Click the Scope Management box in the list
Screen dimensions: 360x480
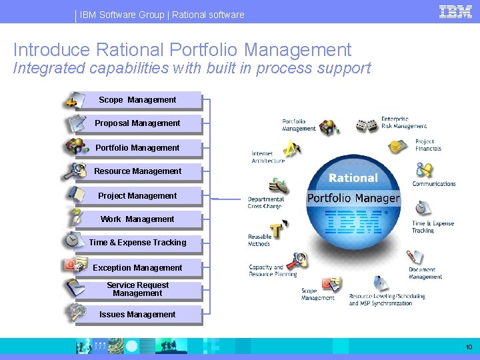137,100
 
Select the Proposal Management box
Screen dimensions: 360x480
137,123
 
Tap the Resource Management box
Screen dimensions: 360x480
137,171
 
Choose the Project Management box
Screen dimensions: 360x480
137,196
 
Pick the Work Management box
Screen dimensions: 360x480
137,219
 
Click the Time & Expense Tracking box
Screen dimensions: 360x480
137,243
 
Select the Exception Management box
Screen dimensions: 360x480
137,268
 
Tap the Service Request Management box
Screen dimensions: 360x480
137,289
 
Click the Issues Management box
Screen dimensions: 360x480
137,315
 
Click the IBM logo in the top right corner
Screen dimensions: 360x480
456,11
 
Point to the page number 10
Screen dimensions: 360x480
469,347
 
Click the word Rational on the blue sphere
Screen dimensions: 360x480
353,178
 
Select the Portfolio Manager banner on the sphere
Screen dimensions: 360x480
353,198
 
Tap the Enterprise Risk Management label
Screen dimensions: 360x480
404,123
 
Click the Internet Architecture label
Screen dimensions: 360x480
268,157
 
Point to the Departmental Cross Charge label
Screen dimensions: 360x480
265,203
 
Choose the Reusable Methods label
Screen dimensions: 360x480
259,240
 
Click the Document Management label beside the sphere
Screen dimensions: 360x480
425,273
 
